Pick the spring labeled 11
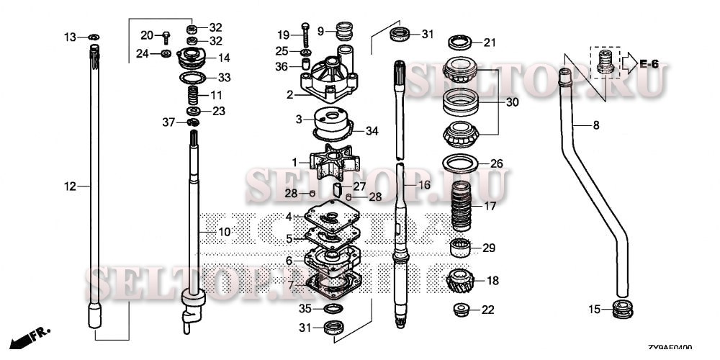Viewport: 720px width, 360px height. (x=192, y=94)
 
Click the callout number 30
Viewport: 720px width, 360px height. (x=512, y=102)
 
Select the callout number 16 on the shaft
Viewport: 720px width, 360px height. (x=425, y=185)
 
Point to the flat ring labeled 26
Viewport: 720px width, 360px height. (x=460, y=162)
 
